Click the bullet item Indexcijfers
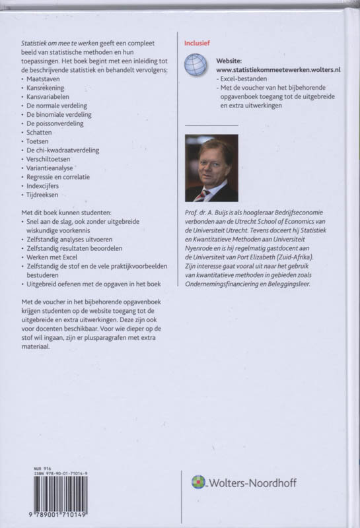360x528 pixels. [44, 186]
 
